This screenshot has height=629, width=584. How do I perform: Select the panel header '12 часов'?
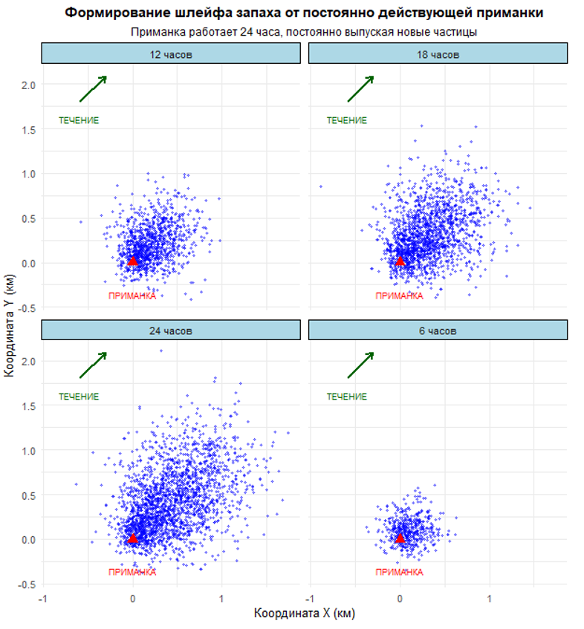pos(171,54)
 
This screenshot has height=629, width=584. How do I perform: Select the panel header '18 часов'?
pos(438,54)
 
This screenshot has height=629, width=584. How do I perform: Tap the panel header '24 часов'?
pos(171,330)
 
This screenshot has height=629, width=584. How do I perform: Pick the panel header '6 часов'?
pos(438,330)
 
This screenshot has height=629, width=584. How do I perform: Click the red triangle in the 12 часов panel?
pos(133,261)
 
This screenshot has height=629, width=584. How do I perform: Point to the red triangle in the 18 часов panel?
pos(400,261)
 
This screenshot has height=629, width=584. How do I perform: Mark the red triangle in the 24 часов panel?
pos(133,538)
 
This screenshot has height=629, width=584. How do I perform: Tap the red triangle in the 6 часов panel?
pos(400,538)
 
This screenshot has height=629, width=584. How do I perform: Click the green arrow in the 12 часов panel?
pos(93,88)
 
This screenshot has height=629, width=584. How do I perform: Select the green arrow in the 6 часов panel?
pos(360,365)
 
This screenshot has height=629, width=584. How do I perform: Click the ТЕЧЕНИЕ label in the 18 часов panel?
pos(347,120)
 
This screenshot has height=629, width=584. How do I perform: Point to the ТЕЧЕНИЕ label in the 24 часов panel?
pos(79,397)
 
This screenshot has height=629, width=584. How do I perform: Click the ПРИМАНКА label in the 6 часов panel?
pos(400,573)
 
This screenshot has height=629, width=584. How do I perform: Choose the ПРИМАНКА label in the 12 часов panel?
pos(132,296)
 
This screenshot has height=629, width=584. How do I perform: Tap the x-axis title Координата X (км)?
pos(304,613)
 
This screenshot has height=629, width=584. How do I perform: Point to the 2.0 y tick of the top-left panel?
pos(28,85)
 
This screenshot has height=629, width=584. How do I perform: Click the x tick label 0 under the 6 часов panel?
pos(400,598)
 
